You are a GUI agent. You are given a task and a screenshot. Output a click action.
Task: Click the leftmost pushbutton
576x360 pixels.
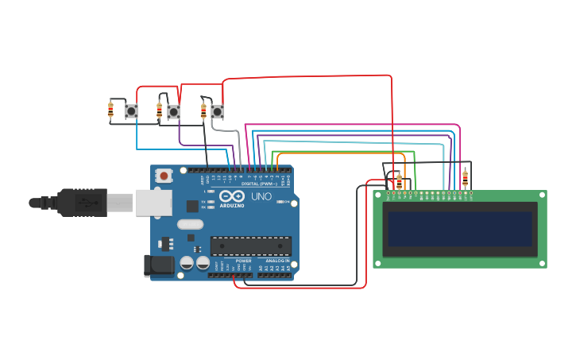(131, 111)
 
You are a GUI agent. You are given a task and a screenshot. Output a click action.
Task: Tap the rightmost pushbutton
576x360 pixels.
(217, 112)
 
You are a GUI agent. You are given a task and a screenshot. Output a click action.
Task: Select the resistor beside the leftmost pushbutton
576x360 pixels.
(110, 110)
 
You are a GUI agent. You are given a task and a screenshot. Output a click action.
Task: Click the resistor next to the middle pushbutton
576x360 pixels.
(159, 110)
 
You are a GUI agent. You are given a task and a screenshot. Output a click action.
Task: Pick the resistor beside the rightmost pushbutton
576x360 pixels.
(203, 110)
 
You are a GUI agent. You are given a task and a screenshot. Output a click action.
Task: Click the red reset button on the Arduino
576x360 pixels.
(164, 175)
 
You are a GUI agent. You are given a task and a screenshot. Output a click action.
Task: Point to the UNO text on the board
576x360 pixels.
(261, 196)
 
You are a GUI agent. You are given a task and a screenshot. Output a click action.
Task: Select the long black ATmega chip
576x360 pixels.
(250, 246)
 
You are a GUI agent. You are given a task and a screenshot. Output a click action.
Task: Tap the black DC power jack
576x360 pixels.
(157, 265)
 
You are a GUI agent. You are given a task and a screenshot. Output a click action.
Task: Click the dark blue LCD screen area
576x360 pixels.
(458, 229)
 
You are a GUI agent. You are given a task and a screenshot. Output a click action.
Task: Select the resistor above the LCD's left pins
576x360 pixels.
(399, 182)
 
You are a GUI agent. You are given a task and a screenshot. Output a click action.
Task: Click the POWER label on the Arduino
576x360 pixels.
(243, 261)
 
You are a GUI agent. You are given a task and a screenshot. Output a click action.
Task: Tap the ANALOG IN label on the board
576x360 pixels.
(277, 261)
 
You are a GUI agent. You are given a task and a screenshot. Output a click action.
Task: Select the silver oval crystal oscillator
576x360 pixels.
(191, 225)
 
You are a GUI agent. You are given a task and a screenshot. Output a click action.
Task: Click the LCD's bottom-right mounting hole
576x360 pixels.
(542, 263)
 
